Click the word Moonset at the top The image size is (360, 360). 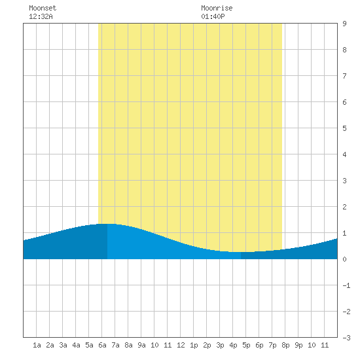pyautogui.click(x=43, y=9)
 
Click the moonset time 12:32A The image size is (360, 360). pyautogui.click(x=41, y=16)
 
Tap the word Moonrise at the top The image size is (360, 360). pyautogui.click(x=217, y=9)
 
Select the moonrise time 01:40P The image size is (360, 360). pyautogui.click(x=213, y=16)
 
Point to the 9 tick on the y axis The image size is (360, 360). pyautogui.click(x=344, y=24)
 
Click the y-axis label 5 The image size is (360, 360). pyautogui.click(x=344, y=128)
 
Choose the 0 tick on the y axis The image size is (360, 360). pyautogui.click(x=344, y=259)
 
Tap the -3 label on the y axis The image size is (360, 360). pyautogui.click(x=346, y=338)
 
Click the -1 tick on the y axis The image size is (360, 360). pyautogui.click(x=346, y=285)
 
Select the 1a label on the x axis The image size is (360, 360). pyautogui.click(x=37, y=345)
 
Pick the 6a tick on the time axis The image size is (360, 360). pyautogui.click(x=102, y=345)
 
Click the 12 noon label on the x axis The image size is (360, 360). pyautogui.click(x=181, y=345)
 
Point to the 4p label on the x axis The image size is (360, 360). pyautogui.click(x=233, y=345)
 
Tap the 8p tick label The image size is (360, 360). pyautogui.click(x=285, y=345)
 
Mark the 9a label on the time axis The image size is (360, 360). pyautogui.click(x=141, y=345)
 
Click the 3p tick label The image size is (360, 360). pyautogui.click(x=220, y=345)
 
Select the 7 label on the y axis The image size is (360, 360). pyautogui.click(x=344, y=76)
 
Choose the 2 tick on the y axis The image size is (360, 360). pyautogui.click(x=344, y=207)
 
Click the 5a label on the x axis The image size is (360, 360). pyautogui.click(x=89, y=345)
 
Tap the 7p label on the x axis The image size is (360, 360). pyautogui.click(x=272, y=345)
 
